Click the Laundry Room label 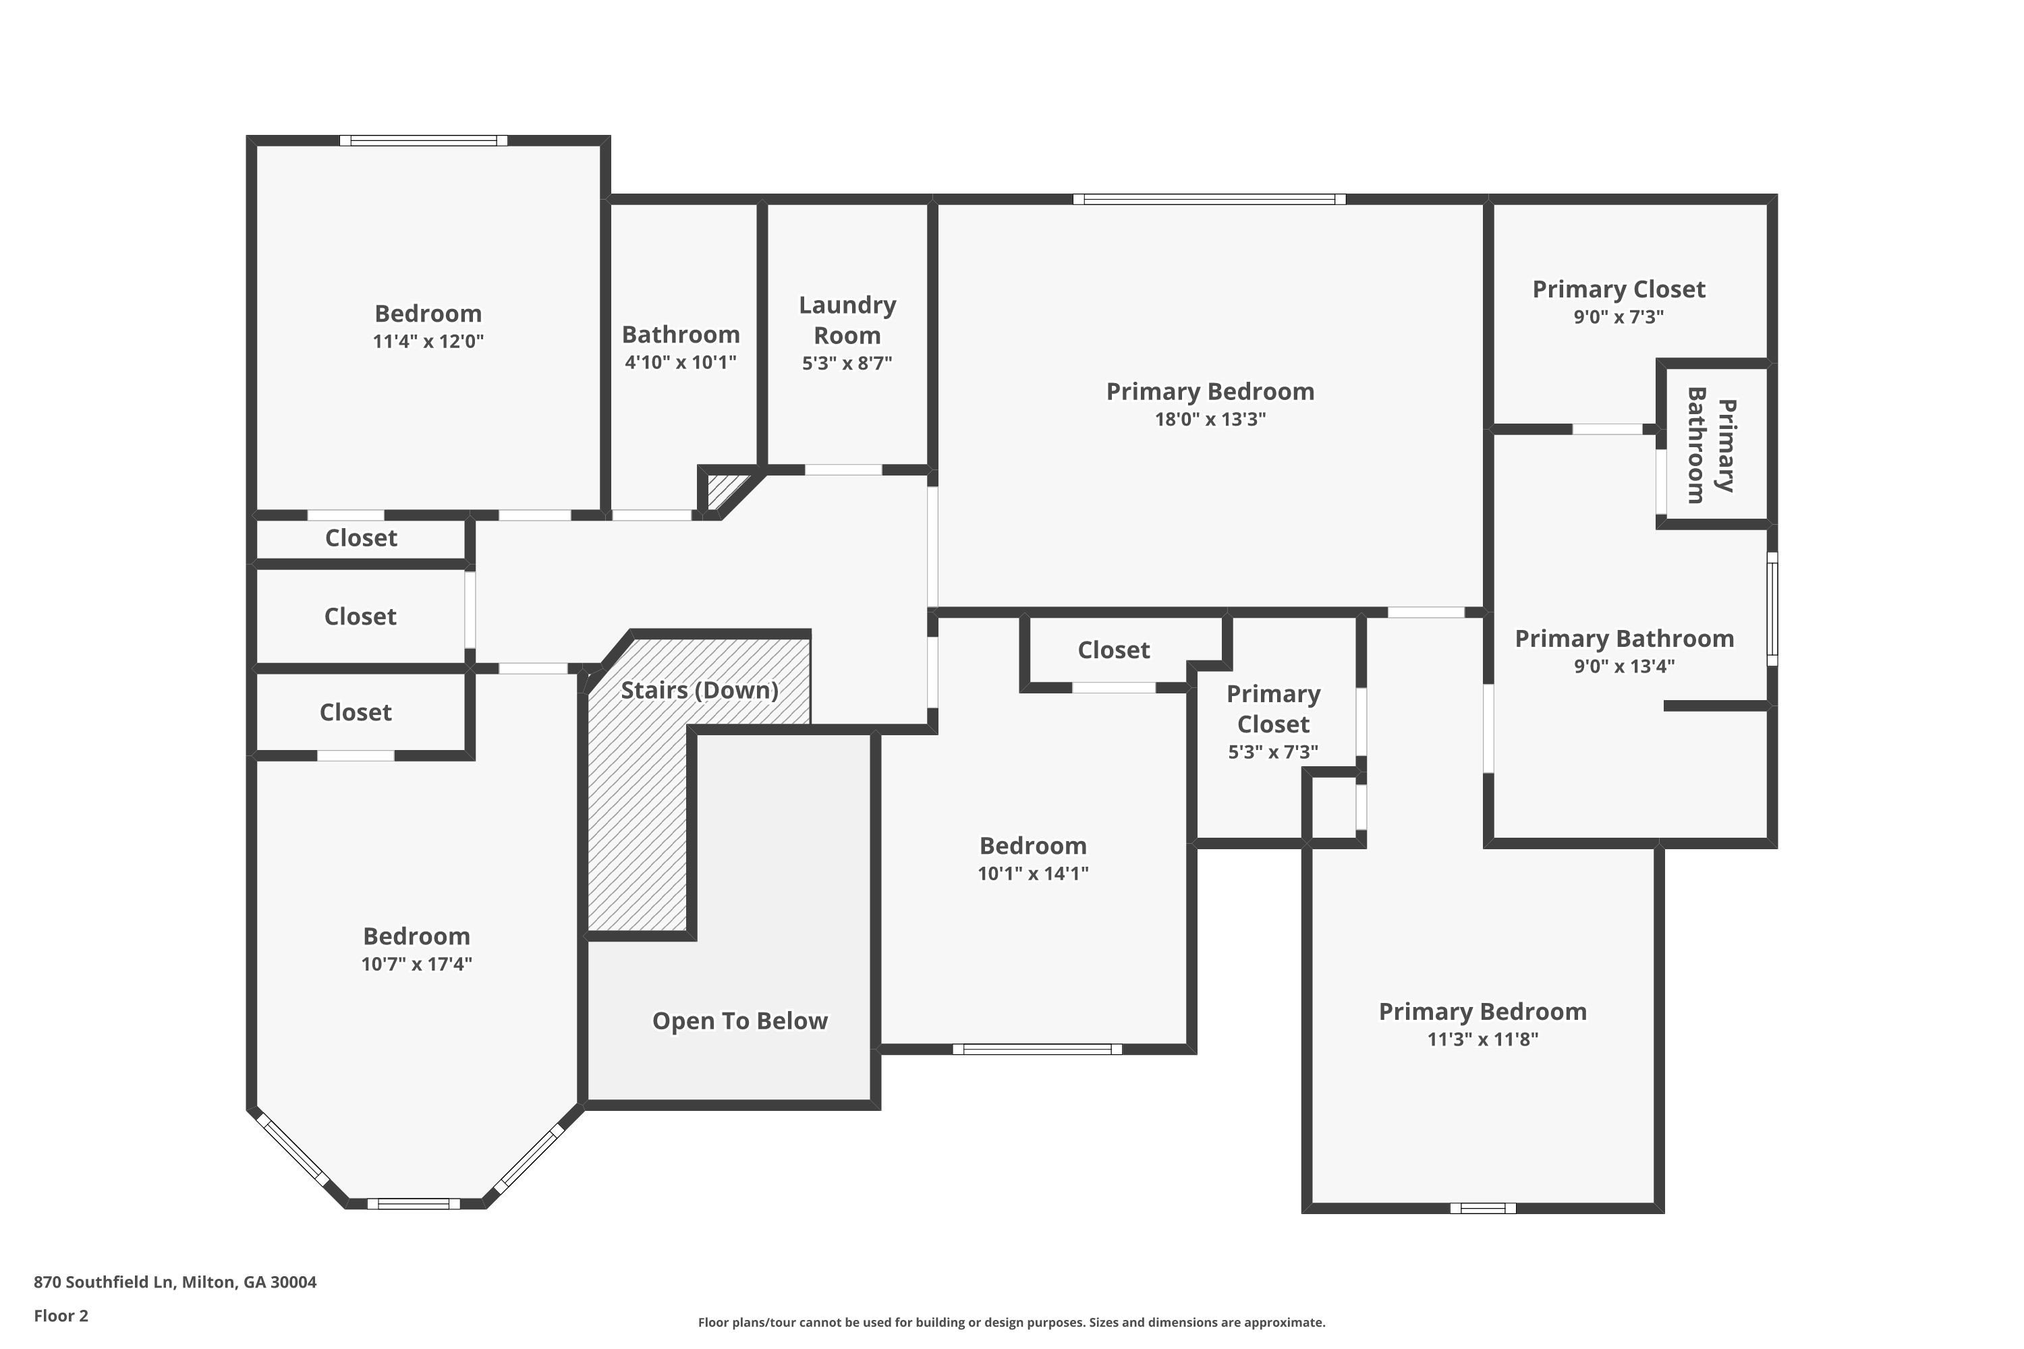(x=847, y=320)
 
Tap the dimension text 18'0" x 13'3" (x=1210, y=419)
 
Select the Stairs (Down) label (x=699, y=690)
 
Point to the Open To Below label (x=739, y=1021)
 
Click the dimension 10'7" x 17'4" (x=416, y=964)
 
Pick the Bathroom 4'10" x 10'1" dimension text (x=680, y=362)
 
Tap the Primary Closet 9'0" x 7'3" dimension (x=1619, y=316)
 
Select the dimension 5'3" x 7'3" (x=1272, y=752)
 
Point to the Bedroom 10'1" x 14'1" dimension (x=1033, y=873)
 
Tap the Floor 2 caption (x=61, y=1315)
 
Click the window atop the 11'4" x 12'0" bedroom (x=424, y=140)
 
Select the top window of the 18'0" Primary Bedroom (x=1209, y=200)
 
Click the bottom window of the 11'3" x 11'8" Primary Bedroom (x=1483, y=1208)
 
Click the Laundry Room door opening (x=843, y=469)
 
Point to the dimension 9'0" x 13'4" (x=1624, y=666)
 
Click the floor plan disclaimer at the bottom (x=1011, y=1322)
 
